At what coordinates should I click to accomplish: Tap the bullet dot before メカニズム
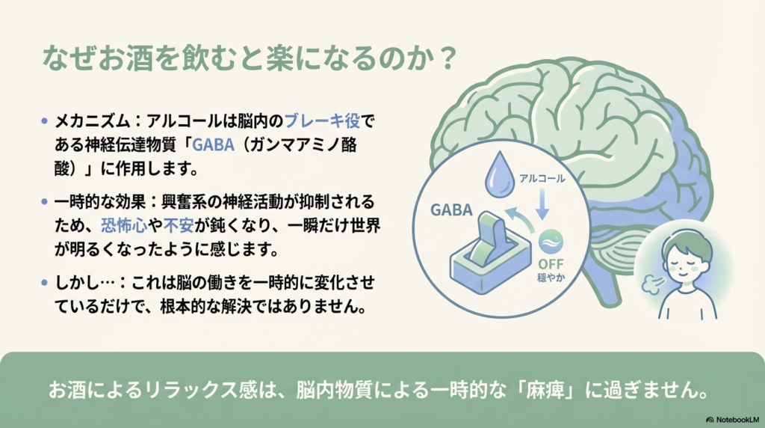click(x=46, y=120)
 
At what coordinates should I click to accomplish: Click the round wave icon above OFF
click(x=551, y=241)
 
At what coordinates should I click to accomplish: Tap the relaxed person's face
click(x=688, y=259)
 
